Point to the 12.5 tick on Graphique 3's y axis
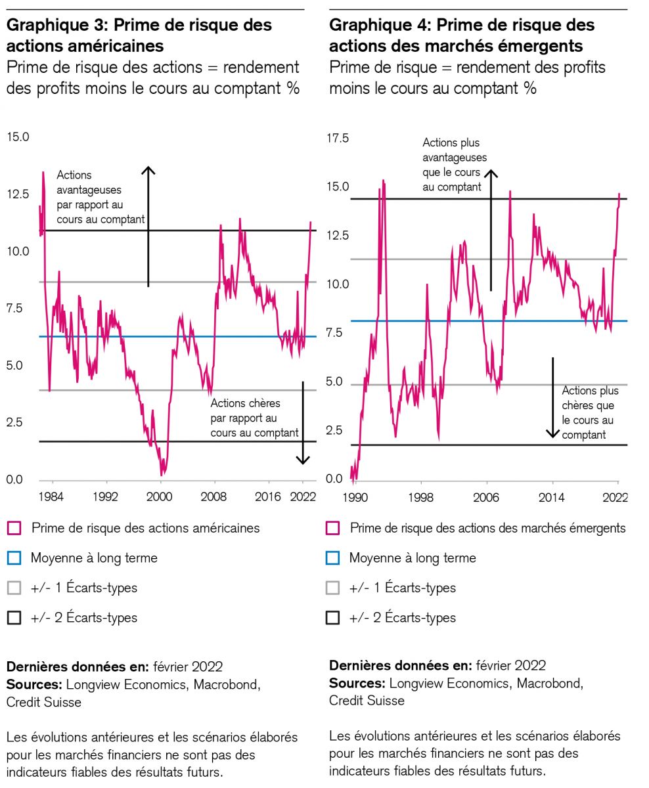tap(18, 194)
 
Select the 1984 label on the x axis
tap(51, 496)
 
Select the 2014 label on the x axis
tap(552, 497)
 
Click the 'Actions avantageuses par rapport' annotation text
tap(100, 197)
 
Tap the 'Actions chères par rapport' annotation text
tap(254, 418)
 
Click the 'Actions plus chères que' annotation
tap(589, 413)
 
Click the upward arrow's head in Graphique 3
tap(148, 170)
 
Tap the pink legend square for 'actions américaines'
tap(14, 528)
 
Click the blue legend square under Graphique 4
tap(333, 558)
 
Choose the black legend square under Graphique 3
tap(14, 617)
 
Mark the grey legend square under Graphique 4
tap(333, 588)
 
